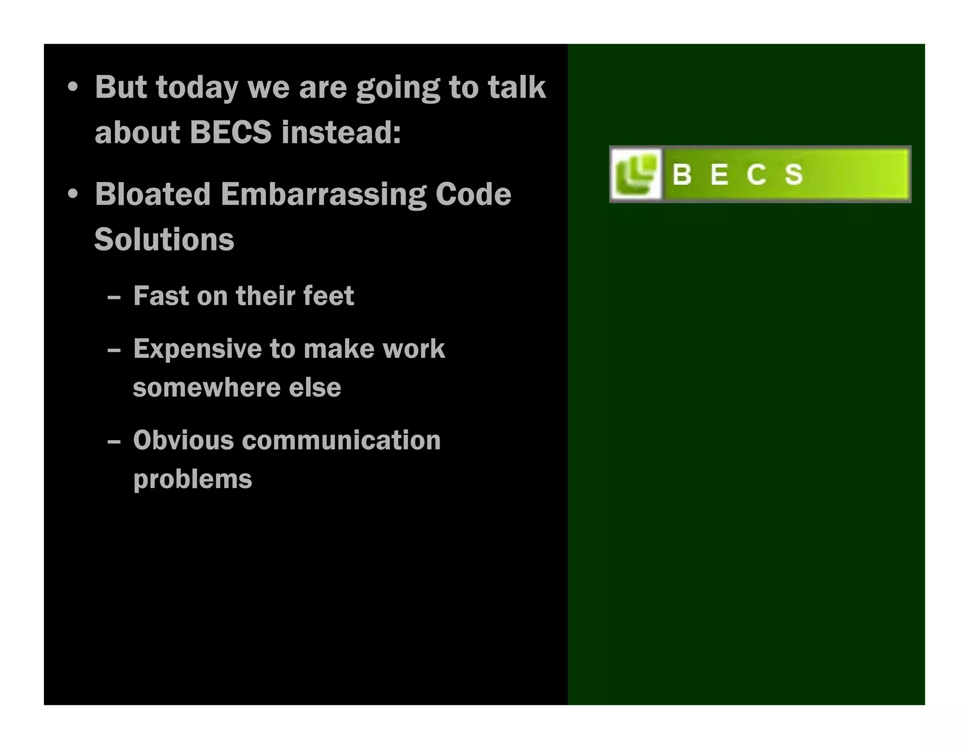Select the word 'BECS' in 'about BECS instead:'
coord(230,132)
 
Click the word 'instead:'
coord(341,132)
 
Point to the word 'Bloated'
coord(152,195)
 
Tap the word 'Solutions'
coord(164,240)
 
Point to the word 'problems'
coord(193,480)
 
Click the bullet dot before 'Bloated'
coord(72,195)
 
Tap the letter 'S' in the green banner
coord(793,175)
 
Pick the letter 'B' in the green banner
coord(682,175)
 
